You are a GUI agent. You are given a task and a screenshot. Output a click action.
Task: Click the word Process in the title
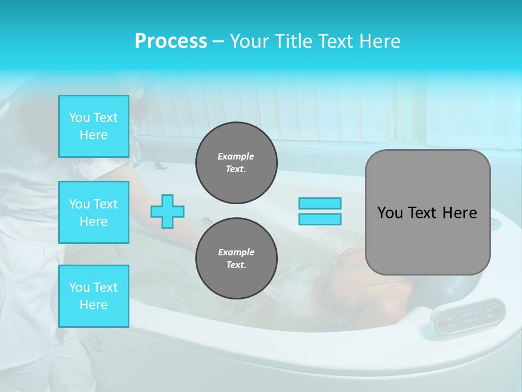pos(171,41)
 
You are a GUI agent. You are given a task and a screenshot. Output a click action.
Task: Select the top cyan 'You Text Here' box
pos(94,126)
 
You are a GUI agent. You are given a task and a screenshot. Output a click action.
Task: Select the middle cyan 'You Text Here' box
pos(94,212)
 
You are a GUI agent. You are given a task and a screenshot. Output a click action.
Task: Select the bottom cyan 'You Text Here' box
pos(94,296)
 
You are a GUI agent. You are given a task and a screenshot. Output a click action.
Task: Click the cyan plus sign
pos(167,211)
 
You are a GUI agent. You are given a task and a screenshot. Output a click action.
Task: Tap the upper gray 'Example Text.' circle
pos(236,163)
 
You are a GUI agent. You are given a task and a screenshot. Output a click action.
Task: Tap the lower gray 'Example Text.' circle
pos(236,259)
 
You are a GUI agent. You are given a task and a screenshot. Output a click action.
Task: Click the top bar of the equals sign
pos(320,204)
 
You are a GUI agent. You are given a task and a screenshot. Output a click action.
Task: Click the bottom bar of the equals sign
pos(320,219)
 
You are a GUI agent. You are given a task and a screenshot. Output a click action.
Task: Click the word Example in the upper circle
pos(236,156)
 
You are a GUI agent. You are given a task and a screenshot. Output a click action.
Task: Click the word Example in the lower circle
pos(236,252)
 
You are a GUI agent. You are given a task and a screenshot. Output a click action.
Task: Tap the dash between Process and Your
pos(218,41)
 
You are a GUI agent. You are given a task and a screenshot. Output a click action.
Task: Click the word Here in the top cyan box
pos(94,135)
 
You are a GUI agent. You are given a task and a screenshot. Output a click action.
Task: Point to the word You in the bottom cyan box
pos(78,287)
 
